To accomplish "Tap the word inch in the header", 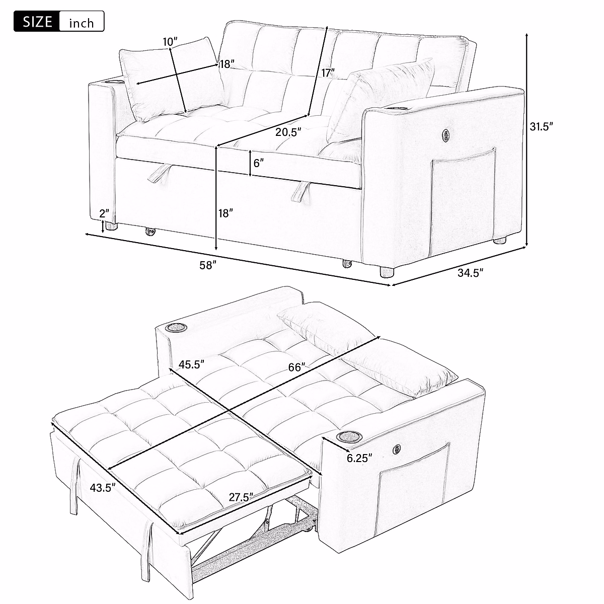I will pyautogui.click(x=81, y=23).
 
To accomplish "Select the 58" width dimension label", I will pyautogui.click(x=207, y=265).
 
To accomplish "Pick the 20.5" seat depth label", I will pyautogui.click(x=288, y=132).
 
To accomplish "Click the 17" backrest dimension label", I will pyautogui.click(x=328, y=73).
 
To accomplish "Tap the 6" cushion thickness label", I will pyautogui.click(x=258, y=163).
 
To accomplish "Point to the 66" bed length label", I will pyautogui.click(x=297, y=368).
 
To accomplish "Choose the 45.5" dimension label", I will pyautogui.click(x=191, y=363).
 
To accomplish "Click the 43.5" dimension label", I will pyautogui.click(x=103, y=487).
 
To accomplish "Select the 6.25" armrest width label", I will pyautogui.click(x=359, y=458).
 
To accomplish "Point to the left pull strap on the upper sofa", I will pyautogui.click(x=159, y=174).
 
